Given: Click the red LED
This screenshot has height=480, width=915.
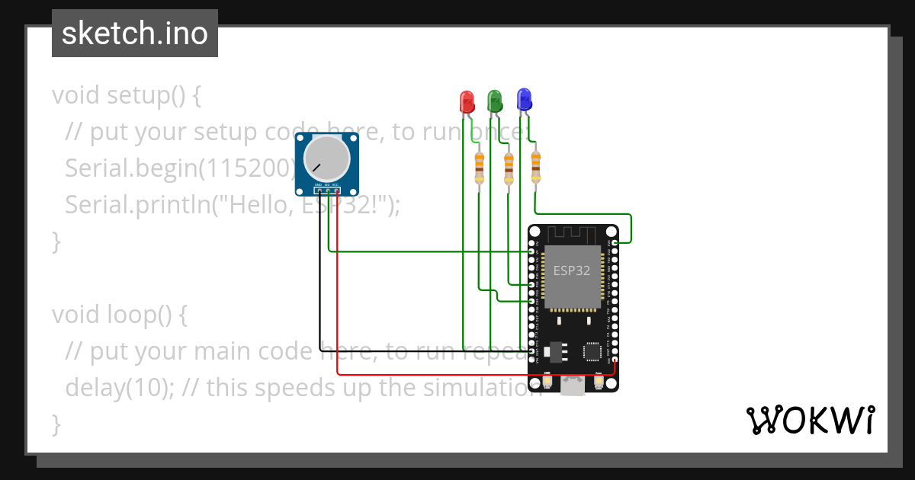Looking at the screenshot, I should [x=467, y=101].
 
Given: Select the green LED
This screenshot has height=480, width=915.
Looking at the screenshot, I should [x=495, y=100].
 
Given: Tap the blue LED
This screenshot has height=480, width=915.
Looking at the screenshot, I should [x=524, y=98].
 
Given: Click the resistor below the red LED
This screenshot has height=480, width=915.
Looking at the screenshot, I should [x=479, y=167].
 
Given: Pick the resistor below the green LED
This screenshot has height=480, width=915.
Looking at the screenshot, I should [x=509, y=168].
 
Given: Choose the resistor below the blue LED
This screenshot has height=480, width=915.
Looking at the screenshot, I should [x=535, y=165].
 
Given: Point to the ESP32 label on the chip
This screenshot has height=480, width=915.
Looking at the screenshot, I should [x=572, y=270].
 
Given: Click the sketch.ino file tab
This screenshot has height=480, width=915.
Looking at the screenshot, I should [x=135, y=34].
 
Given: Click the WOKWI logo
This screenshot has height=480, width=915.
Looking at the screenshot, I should [x=810, y=420].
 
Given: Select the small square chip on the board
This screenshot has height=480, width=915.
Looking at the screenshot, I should [x=592, y=351].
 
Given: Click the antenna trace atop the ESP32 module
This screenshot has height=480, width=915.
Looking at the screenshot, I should [x=572, y=234].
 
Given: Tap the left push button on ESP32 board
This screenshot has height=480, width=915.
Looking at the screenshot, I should [x=547, y=380].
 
